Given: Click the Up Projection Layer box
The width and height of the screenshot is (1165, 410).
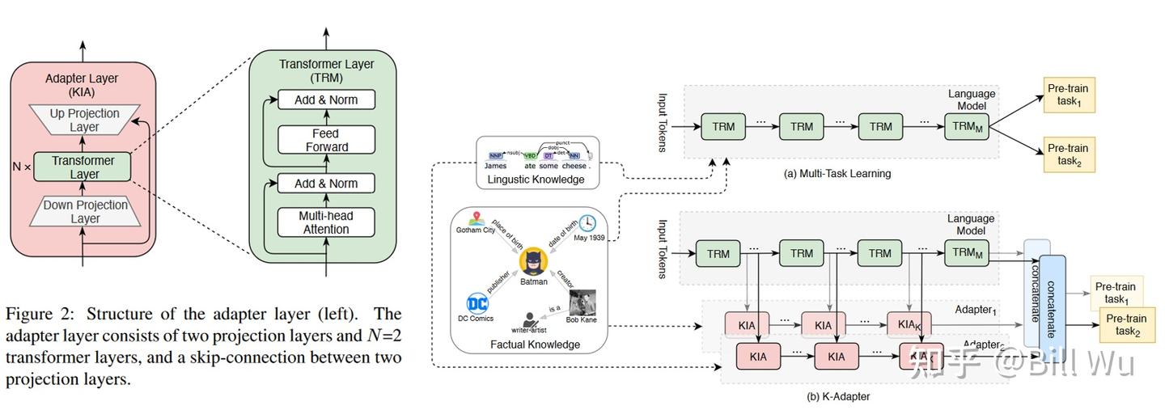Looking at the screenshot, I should (x=84, y=120).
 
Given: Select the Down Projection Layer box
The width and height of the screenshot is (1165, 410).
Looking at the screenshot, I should (x=84, y=211).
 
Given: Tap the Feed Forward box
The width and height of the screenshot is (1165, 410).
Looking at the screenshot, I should (x=327, y=140).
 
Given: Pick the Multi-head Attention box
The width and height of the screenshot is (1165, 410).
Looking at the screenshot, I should (x=327, y=222).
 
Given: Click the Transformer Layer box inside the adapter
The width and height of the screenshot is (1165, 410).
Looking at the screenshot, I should (x=83, y=167).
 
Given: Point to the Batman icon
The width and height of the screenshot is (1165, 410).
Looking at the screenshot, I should (x=534, y=262).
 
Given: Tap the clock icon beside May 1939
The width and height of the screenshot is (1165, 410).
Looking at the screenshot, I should (x=587, y=223).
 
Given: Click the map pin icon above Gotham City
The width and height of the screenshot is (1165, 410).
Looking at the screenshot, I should (x=476, y=218).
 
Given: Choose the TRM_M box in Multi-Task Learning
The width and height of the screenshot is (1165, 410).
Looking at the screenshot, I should (x=966, y=126).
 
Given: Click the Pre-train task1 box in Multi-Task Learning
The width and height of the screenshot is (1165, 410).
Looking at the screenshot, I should (x=1068, y=95).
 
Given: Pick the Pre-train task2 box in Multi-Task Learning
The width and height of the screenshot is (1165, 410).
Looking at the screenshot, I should (x=1068, y=154).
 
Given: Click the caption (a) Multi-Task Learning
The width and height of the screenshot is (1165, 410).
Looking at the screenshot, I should (x=837, y=174).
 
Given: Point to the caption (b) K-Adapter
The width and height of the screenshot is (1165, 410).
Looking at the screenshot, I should (x=838, y=396).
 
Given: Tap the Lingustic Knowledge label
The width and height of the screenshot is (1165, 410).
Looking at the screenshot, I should (x=536, y=180).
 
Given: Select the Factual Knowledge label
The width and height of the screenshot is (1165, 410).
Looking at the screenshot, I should (x=535, y=344).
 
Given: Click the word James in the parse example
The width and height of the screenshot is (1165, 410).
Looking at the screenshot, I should (x=495, y=166).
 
